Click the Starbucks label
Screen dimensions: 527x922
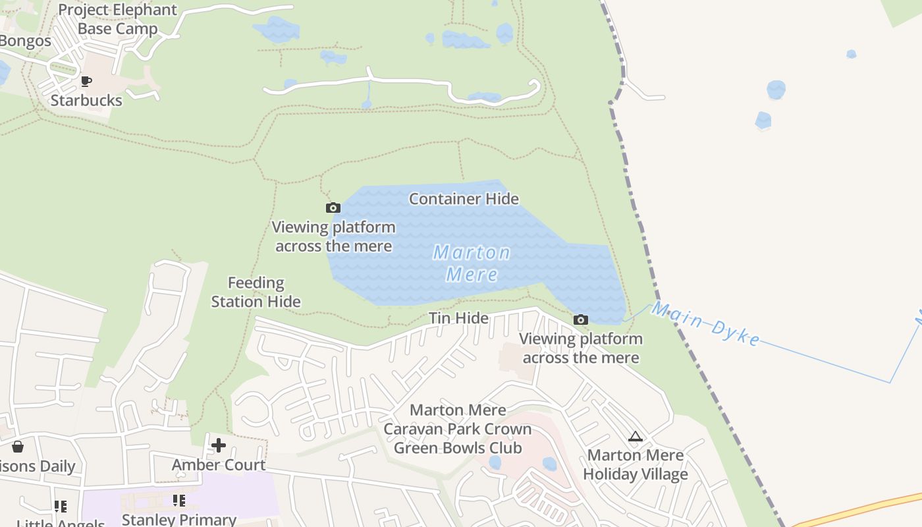(x=86, y=100)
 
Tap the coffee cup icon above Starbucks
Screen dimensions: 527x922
(x=86, y=82)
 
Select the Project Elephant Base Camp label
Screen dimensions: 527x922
(x=118, y=20)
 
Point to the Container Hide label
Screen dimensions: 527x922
(x=464, y=198)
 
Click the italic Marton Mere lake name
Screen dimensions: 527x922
(x=472, y=263)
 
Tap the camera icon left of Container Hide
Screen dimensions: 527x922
(x=333, y=208)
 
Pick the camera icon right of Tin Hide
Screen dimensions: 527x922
(x=580, y=320)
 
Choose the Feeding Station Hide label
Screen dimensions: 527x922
(x=256, y=292)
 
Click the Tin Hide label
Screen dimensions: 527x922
(x=458, y=318)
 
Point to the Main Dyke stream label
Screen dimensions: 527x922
(x=706, y=324)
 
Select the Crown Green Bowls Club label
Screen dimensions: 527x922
(x=457, y=439)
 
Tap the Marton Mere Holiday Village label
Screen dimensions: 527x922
(x=636, y=464)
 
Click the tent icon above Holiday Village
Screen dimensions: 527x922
(x=635, y=436)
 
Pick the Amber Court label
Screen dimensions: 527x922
(x=219, y=464)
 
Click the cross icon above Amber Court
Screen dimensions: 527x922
(x=219, y=445)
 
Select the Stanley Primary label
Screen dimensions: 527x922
(x=179, y=519)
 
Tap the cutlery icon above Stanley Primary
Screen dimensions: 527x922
(x=179, y=501)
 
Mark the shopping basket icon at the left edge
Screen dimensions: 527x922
(x=18, y=447)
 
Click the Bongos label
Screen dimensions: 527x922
(x=25, y=41)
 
